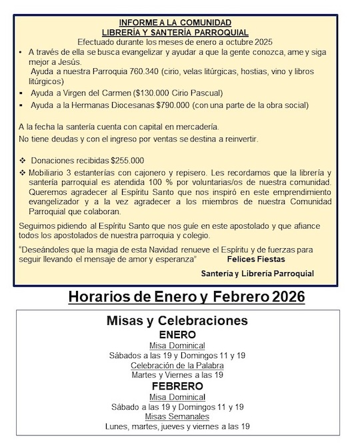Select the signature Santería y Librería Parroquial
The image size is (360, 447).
click(257, 274)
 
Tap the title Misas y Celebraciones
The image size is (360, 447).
click(177, 320)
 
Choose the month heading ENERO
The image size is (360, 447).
click(177, 334)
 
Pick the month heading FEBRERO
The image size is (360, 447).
click(177, 386)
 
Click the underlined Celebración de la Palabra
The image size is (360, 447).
click(177, 365)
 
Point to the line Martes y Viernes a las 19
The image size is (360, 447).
click(177, 375)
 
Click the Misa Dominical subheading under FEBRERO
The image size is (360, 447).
click(177, 396)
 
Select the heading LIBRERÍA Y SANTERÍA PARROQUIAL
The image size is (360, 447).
click(176, 32)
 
